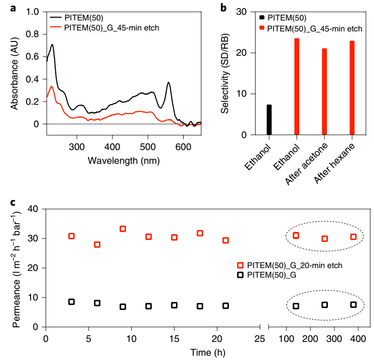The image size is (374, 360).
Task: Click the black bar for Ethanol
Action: point(269,120)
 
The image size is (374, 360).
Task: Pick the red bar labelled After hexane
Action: point(352,88)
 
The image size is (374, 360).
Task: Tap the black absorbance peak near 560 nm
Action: point(168,83)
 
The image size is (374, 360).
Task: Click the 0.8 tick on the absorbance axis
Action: point(32,34)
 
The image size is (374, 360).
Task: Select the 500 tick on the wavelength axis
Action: point(148,147)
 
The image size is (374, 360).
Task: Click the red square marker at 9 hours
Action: point(123,229)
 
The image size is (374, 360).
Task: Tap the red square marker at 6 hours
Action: point(97,244)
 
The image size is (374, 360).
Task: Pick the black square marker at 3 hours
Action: point(71,302)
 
